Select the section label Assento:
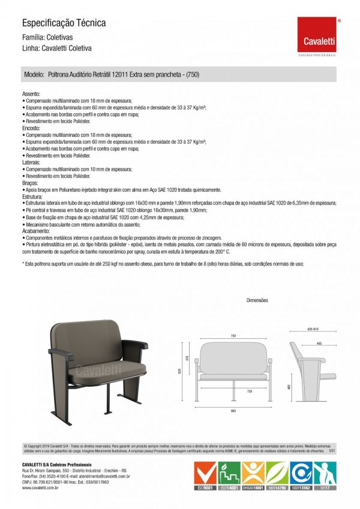[31, 95]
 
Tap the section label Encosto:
[31, 128]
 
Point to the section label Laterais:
[31, 162]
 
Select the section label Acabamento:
[35, 230]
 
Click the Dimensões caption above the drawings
[257, 300]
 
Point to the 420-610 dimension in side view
[312, 329]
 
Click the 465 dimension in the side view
[319, 344]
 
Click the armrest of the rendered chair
[138, 347]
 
